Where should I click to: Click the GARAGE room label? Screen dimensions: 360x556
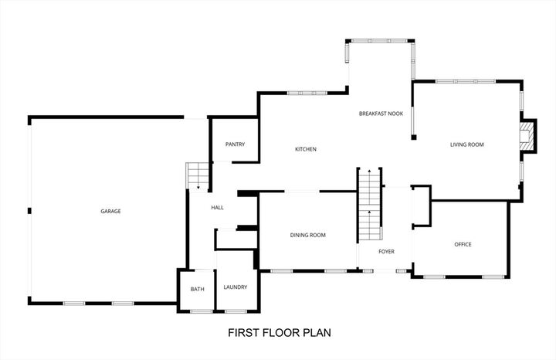(110, 211)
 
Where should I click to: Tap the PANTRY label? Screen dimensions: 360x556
(235, 144)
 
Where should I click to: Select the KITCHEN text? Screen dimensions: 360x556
(306, 149)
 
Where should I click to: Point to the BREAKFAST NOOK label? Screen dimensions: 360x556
(381, 114)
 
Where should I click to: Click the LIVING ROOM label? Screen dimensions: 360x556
(466, 144)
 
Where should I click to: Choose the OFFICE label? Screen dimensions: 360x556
(463, 244)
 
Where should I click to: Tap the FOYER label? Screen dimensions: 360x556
(386, 252)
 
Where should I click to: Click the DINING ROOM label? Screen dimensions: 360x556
(307, 235)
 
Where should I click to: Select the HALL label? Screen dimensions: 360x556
(217, 207)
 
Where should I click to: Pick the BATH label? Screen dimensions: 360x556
(197, 289)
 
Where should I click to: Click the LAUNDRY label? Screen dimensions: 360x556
(235, 287)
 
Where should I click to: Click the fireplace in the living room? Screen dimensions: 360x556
(526, 138)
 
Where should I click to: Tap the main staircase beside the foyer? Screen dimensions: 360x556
(370, 205)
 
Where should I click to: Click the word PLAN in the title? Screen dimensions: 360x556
(317, 334)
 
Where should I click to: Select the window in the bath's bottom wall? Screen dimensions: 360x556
(201, 311)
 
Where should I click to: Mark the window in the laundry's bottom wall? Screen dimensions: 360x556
(236, 311)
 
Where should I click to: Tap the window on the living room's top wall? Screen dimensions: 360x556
(466, 80)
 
